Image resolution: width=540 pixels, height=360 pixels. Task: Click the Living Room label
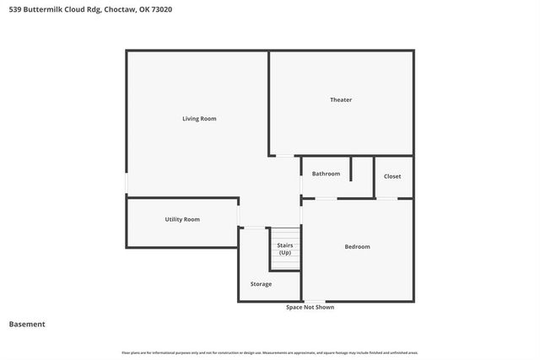pos(199,119)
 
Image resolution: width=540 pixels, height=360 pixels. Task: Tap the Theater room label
pos(341,100)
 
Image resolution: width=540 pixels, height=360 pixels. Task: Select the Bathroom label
pos(326,174)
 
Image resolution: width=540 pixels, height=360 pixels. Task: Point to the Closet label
pos(392,176)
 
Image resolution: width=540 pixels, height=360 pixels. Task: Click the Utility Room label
pos(182,219)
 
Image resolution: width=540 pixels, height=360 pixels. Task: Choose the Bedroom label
pos(357,246)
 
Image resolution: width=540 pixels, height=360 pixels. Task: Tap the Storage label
pos(261,284)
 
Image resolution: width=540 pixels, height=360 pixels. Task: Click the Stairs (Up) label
pos(285,249)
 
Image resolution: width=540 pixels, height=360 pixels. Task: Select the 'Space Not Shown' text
pos(310,308)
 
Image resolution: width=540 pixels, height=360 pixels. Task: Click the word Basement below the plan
pos(27,325)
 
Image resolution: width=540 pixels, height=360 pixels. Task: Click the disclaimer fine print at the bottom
pos(269,352)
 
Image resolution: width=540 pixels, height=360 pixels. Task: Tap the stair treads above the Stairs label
pos(285,234)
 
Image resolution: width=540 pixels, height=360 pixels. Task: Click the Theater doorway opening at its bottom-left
pos(285,156)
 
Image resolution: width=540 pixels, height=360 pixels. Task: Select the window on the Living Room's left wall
pos(127,183)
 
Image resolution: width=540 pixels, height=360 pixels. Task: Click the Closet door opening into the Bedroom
pos(386,198)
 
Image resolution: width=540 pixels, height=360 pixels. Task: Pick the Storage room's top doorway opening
pos(252,228)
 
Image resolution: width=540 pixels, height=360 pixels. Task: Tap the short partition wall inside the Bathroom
pos(351,168)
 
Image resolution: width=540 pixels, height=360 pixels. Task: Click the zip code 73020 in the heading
pos(175,9)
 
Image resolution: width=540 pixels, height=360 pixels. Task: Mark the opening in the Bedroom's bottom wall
pos(314,301)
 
